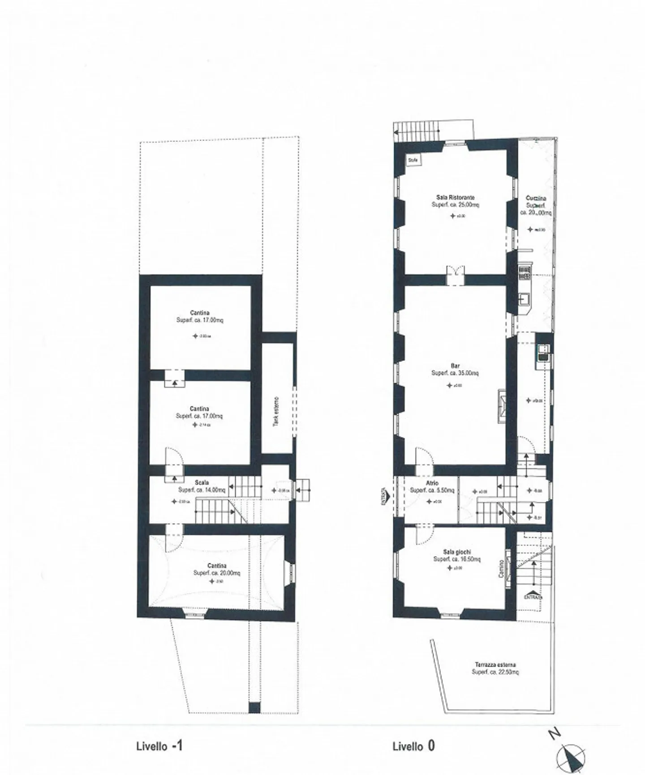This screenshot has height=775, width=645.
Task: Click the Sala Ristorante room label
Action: pos(455,197)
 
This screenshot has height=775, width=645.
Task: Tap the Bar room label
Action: pos(455,366)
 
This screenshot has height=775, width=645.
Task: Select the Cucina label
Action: pos(536,198)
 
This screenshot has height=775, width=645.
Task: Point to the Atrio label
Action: pos(432,484)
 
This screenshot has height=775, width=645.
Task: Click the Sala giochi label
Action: pos(457,552)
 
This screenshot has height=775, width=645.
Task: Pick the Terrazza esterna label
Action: pos(495,665)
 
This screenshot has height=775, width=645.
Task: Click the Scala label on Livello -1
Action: pos(202,483)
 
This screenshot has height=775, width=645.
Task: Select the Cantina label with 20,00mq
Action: pos(217,566)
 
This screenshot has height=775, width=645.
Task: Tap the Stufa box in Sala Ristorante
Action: pos(413,160)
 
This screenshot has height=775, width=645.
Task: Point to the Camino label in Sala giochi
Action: pos(502,569)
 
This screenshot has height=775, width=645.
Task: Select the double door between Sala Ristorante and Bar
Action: pos(456,274)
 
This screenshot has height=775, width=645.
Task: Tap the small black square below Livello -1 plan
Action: pos(254,707)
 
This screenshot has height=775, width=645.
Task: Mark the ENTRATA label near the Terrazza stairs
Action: pos(533,596)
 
